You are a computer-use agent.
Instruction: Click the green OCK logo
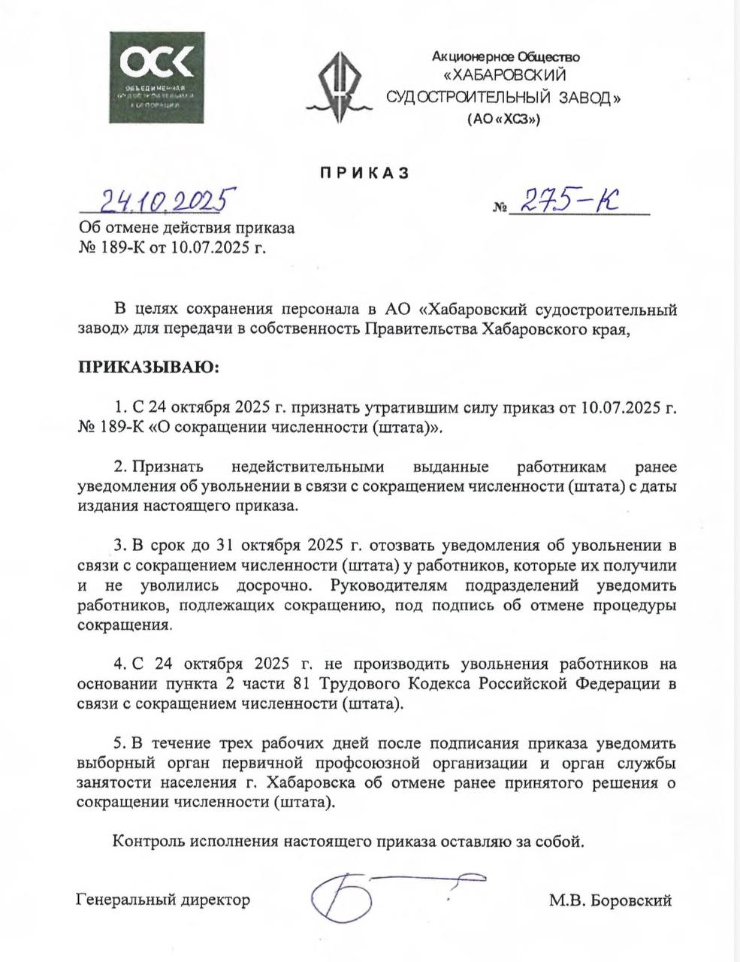click(x=156, y=77)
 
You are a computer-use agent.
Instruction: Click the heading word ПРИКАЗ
click(x=364, y=173)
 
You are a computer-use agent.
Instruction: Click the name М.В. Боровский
click(x=609, y=900)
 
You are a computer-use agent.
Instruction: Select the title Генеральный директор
click(x=163, y=899)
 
